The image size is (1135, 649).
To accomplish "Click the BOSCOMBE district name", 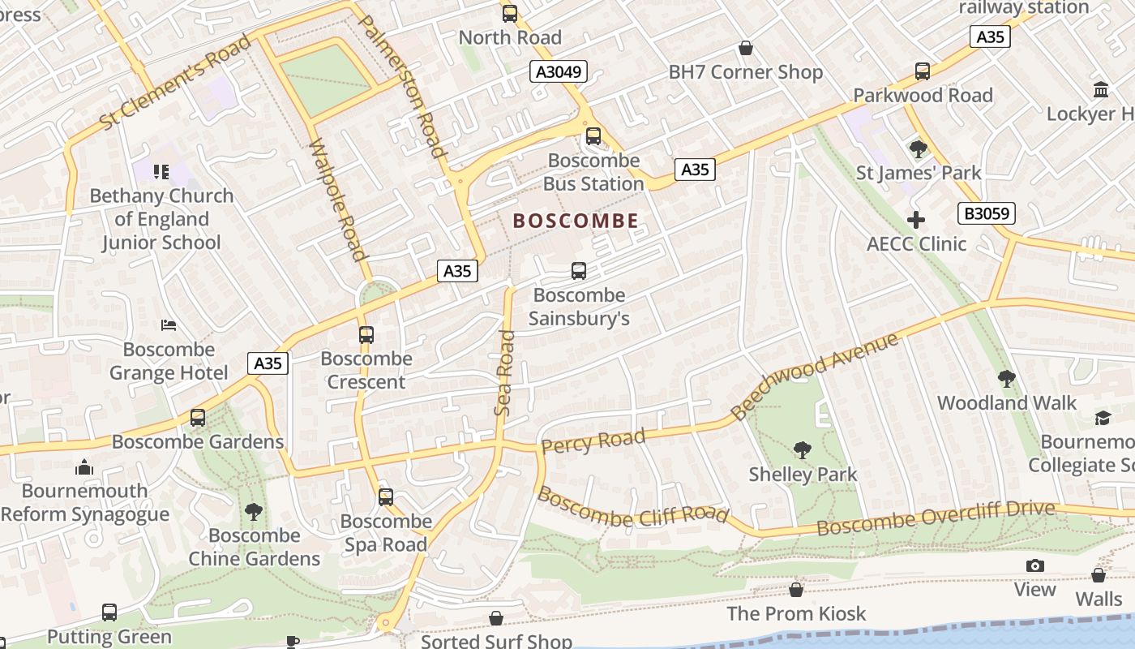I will [576, 221].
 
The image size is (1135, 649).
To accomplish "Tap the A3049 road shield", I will [559, 71].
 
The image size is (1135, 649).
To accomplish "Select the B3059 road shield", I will [986, 213].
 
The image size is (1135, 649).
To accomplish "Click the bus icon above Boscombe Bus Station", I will [593, 135].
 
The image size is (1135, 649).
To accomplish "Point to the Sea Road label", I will [505, 373].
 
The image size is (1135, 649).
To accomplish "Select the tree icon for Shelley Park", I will [803, 449].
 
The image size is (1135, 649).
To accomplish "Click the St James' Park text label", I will [919, 173].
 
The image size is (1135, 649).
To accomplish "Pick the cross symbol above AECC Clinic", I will [916, 220].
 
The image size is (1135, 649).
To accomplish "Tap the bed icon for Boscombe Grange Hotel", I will [169, 326].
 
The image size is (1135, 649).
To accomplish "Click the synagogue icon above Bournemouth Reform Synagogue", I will [84, 467].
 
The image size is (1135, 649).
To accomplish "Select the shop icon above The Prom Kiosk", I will [796, 590].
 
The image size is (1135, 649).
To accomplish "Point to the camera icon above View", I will [1035, 565].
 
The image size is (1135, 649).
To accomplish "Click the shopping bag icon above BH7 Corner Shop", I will [746, 49].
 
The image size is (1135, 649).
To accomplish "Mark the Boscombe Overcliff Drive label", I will [936, 518].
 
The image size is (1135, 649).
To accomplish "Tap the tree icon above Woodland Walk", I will [1006, 379].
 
